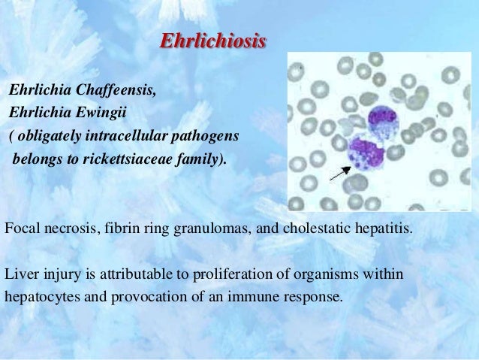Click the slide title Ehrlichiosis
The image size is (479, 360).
tap(213, 41)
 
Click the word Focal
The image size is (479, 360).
tap(20, 228)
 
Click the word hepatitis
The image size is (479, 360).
tap(382, 228)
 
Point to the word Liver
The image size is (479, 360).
tap(20, 274)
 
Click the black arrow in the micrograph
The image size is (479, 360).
tap(339, 174)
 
